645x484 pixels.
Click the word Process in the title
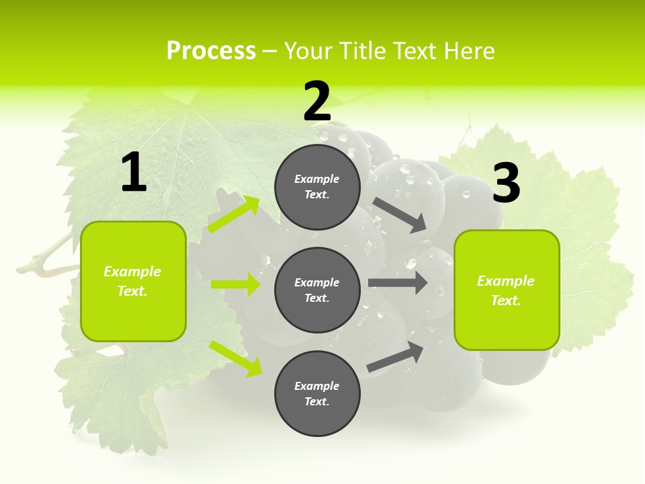(x=211, y=51)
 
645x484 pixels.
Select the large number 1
(x=134, y=173)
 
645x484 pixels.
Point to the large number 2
(x=317, y=102)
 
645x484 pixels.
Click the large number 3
(x=506, y=184)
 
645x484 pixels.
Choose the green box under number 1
(x=133, y=281)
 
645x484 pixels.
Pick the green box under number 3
(x=507, y=290)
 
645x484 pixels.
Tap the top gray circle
(x=317, y=187)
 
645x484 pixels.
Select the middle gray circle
(x=317, y=290)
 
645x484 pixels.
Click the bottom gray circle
(x=317, y=393)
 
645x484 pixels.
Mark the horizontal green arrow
(x=235, y=284)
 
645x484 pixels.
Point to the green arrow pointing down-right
(x=236, y=358)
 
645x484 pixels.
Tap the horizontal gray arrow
(x=398, y=282)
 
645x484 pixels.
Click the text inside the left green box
(x=132, y=281)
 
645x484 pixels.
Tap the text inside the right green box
(x=506, y=290)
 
